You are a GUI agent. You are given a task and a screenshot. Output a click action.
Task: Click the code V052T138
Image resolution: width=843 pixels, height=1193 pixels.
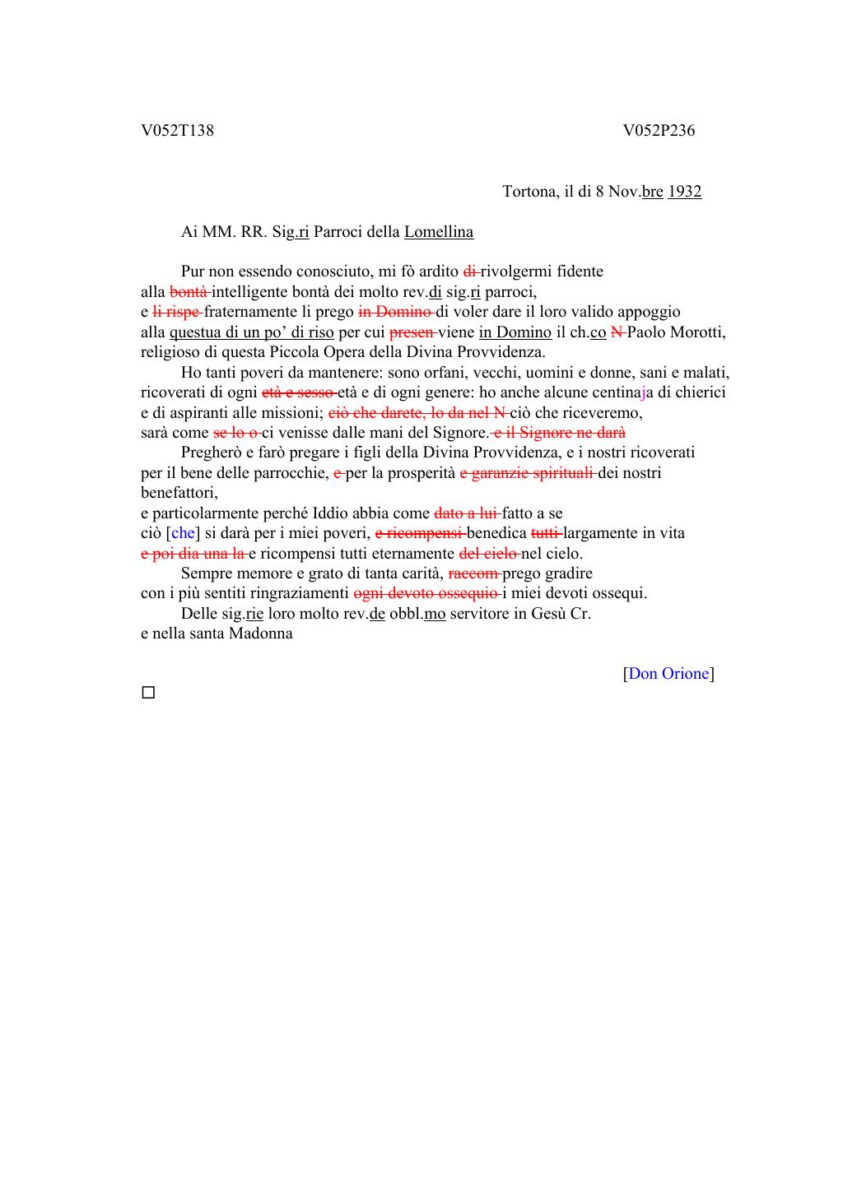coord(177,131)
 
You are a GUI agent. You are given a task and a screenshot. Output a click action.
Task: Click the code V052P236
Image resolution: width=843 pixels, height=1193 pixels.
coord(659,131)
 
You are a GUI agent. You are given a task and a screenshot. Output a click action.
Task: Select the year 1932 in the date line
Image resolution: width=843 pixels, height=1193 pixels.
coord(684,192)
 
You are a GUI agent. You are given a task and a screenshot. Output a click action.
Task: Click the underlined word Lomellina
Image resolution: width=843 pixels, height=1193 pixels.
coord(439,232)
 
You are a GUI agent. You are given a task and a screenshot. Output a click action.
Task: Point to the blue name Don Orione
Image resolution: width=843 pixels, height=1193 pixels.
coord(668,674)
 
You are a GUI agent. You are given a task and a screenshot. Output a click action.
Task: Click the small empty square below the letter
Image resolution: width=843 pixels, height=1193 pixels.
coord(148,693)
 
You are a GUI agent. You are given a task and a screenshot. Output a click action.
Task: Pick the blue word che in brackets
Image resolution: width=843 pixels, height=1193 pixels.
coord(183,533)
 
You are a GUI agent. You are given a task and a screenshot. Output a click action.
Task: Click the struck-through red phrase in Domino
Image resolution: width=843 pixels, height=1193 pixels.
coord(396,312)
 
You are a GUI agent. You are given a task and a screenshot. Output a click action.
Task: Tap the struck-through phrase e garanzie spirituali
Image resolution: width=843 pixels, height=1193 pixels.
coord(527,473)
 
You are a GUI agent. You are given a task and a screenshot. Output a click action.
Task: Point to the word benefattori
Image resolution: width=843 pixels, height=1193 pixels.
coord(179,493)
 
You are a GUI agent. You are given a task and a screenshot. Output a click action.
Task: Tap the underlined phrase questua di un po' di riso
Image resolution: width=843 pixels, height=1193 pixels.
coord(252,332)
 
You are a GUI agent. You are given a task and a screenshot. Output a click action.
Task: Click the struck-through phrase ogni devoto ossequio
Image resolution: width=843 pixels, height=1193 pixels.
coord(426,593)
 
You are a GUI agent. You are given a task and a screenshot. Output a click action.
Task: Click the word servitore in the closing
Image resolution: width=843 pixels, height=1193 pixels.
coord(481,614)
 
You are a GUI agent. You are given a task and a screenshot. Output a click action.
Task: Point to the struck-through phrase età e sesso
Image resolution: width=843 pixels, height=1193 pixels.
coord(298,392)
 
